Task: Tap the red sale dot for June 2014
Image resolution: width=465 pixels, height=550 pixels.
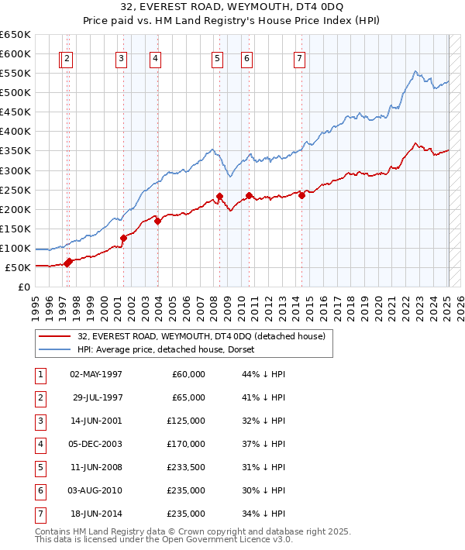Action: click(x=301, y=195)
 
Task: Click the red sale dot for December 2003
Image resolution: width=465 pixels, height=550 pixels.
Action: click(x=157, y=221)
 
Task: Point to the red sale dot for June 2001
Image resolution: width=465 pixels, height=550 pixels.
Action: click(x=123, y=238)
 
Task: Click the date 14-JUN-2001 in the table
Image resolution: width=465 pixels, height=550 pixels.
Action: click(x=96, y=422)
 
